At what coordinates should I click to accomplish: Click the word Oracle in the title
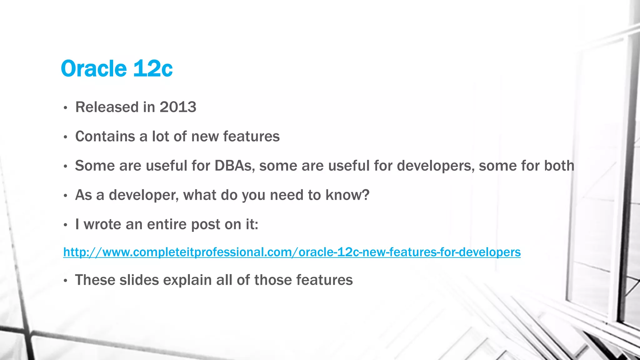pyautogui.click(x=93, y=68)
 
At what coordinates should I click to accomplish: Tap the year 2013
pyautogui.click(x=178, y=107)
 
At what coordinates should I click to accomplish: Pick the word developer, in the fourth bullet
pyautogui.click(x=144, y=195)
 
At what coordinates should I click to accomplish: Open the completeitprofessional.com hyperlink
pyautogui.click(x=292, y=252)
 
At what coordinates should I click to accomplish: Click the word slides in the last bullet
pyautogui.click(x=139, y=280)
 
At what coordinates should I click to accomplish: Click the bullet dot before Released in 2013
pyautogui.click(x=65, y=108)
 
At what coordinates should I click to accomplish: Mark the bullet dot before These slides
pyautogui.click(x=65, y=281)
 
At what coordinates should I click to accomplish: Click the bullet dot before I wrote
pyautogui.click(x=65, y=225)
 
